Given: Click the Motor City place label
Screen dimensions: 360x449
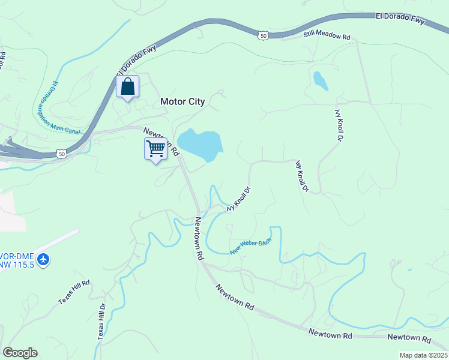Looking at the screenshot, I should [182, 101].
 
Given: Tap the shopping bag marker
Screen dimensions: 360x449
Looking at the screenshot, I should [127, 87].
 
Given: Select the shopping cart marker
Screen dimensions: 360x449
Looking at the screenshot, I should [156, 148].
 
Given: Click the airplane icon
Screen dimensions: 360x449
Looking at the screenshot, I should [43, 260].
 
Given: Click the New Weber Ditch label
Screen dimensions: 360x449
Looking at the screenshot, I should [251, 246].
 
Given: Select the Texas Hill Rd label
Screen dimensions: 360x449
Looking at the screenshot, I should [74, 292].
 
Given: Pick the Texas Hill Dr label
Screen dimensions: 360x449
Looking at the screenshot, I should [102, 322].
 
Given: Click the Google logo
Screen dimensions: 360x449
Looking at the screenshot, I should [20, 353].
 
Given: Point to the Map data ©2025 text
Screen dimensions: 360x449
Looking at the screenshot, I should [423, 355].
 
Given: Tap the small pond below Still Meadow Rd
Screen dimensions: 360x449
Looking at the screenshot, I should [320, 80].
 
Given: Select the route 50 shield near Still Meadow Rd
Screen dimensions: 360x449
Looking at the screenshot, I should [264, 37].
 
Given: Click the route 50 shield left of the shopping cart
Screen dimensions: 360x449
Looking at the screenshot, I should [61, 154].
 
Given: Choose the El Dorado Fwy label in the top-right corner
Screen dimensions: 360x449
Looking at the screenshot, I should [400, 19].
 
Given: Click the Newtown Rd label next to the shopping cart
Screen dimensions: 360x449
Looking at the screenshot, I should [161, 142].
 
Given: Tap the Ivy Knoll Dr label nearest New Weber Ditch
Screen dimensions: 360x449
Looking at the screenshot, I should [238, 199].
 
